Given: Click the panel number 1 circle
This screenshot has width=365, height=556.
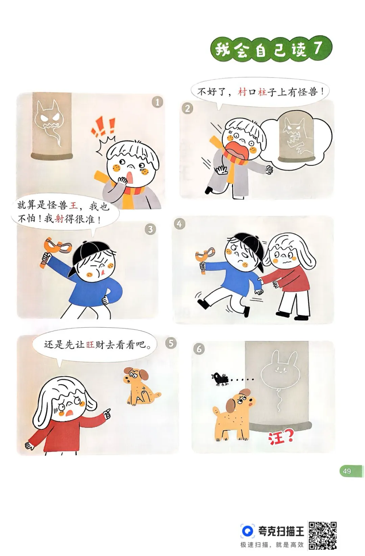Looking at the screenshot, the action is coord(157,102).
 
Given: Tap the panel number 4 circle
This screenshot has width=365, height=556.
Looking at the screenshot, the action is coord(179,224).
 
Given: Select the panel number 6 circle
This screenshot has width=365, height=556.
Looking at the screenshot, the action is coord(199,349).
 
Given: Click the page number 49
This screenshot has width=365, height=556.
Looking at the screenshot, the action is coord(347,471).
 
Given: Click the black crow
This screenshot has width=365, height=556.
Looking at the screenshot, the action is coord(220,379).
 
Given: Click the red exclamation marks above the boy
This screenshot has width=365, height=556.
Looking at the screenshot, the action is coord(103,128).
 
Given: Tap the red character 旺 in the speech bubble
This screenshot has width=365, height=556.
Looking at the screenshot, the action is coord(90,345).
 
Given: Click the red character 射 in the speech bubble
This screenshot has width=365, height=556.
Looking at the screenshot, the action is coord(59,219).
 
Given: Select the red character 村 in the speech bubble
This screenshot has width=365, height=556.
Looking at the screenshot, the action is coord(242,92).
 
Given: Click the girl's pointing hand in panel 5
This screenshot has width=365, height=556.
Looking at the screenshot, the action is coord(106,413).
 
